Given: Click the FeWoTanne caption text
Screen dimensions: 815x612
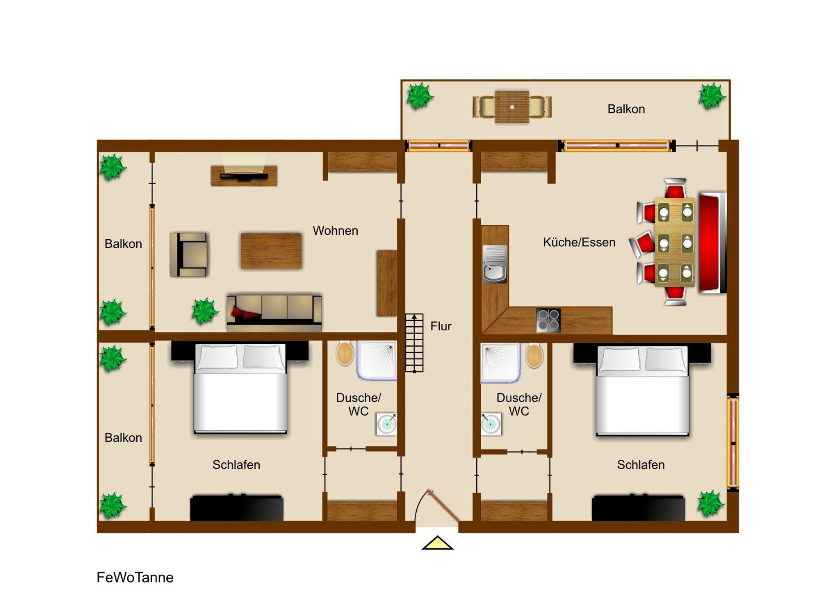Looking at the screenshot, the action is [x=135, y=577].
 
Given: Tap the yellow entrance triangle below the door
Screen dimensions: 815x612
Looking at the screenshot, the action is [x=437, y=544].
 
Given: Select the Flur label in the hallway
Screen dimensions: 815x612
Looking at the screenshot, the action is [x=441, y=326].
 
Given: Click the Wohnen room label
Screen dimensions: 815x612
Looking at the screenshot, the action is [x=335, y=230].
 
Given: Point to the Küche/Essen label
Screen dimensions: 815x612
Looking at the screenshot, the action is [x=579, y=242].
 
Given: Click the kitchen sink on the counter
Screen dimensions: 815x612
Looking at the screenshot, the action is [x=495, y=264].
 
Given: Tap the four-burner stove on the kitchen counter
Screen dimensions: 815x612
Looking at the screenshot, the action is [x=548, y=320].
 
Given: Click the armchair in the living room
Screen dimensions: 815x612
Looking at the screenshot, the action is [x=188, y=255].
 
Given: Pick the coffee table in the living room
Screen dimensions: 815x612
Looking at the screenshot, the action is [x=271, y=251].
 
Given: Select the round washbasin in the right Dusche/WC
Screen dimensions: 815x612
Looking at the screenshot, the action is [x=491, y=424].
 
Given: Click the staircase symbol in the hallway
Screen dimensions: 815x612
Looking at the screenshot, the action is [x=414, y=343].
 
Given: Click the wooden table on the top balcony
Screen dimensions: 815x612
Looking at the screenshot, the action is [x=512, y=107].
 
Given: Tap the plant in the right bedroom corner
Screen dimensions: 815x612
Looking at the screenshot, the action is [x=711, y=504].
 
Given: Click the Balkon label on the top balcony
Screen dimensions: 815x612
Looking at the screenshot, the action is [x=626, y=109].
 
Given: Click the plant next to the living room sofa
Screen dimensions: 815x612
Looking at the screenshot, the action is [x=205, y=311].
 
